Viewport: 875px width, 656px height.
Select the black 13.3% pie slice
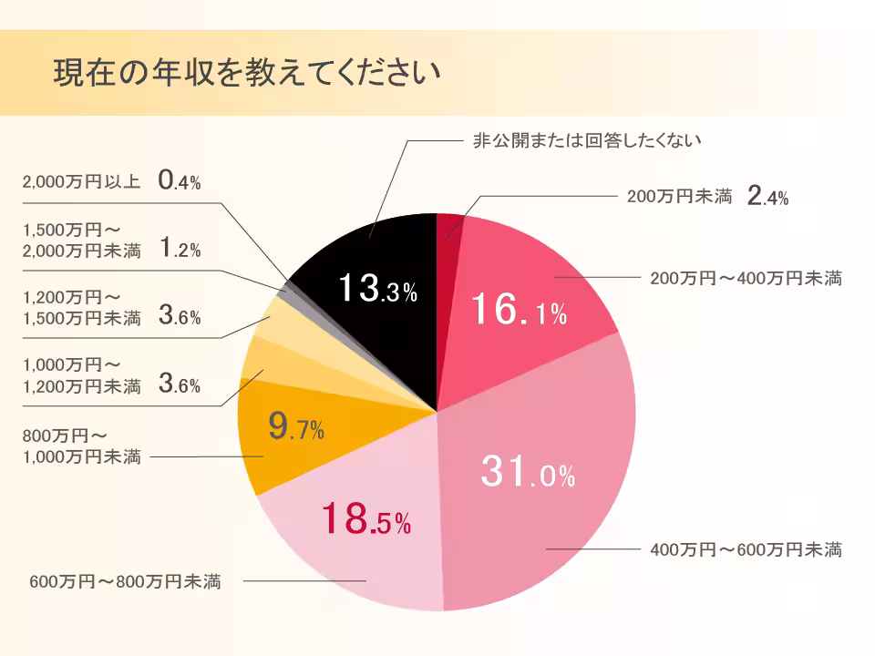click(365, 264)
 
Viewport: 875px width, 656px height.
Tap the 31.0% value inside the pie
click(528, 473)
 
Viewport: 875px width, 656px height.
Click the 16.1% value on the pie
click(519, 313)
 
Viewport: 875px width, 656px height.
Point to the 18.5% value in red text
click(365, 520)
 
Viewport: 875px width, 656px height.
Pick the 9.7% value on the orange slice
click(296, 426)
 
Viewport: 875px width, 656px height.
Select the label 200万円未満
click(680, 196)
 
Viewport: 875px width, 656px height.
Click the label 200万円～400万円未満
click(746, 278)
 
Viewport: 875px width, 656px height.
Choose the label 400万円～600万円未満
click(746, 549)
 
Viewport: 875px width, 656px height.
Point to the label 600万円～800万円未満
click(125, 580)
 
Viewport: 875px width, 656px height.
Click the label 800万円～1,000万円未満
click(81, 446)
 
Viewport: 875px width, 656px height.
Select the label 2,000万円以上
click(80, 181)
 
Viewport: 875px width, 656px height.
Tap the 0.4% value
click(179, 180)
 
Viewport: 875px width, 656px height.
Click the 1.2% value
click(179, 249)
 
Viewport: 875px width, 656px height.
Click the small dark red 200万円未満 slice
click(449, 227)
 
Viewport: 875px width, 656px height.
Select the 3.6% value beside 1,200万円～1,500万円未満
click(179, 316)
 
